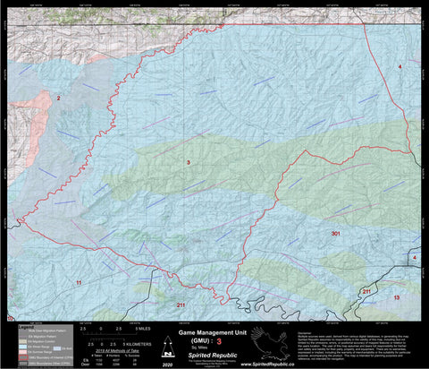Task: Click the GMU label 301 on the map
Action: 335,233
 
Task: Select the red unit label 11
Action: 79,282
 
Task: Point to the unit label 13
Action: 397,296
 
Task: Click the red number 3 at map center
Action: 188,162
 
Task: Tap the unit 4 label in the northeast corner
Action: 400,67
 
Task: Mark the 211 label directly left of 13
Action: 366,292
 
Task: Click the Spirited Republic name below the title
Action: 211,355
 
